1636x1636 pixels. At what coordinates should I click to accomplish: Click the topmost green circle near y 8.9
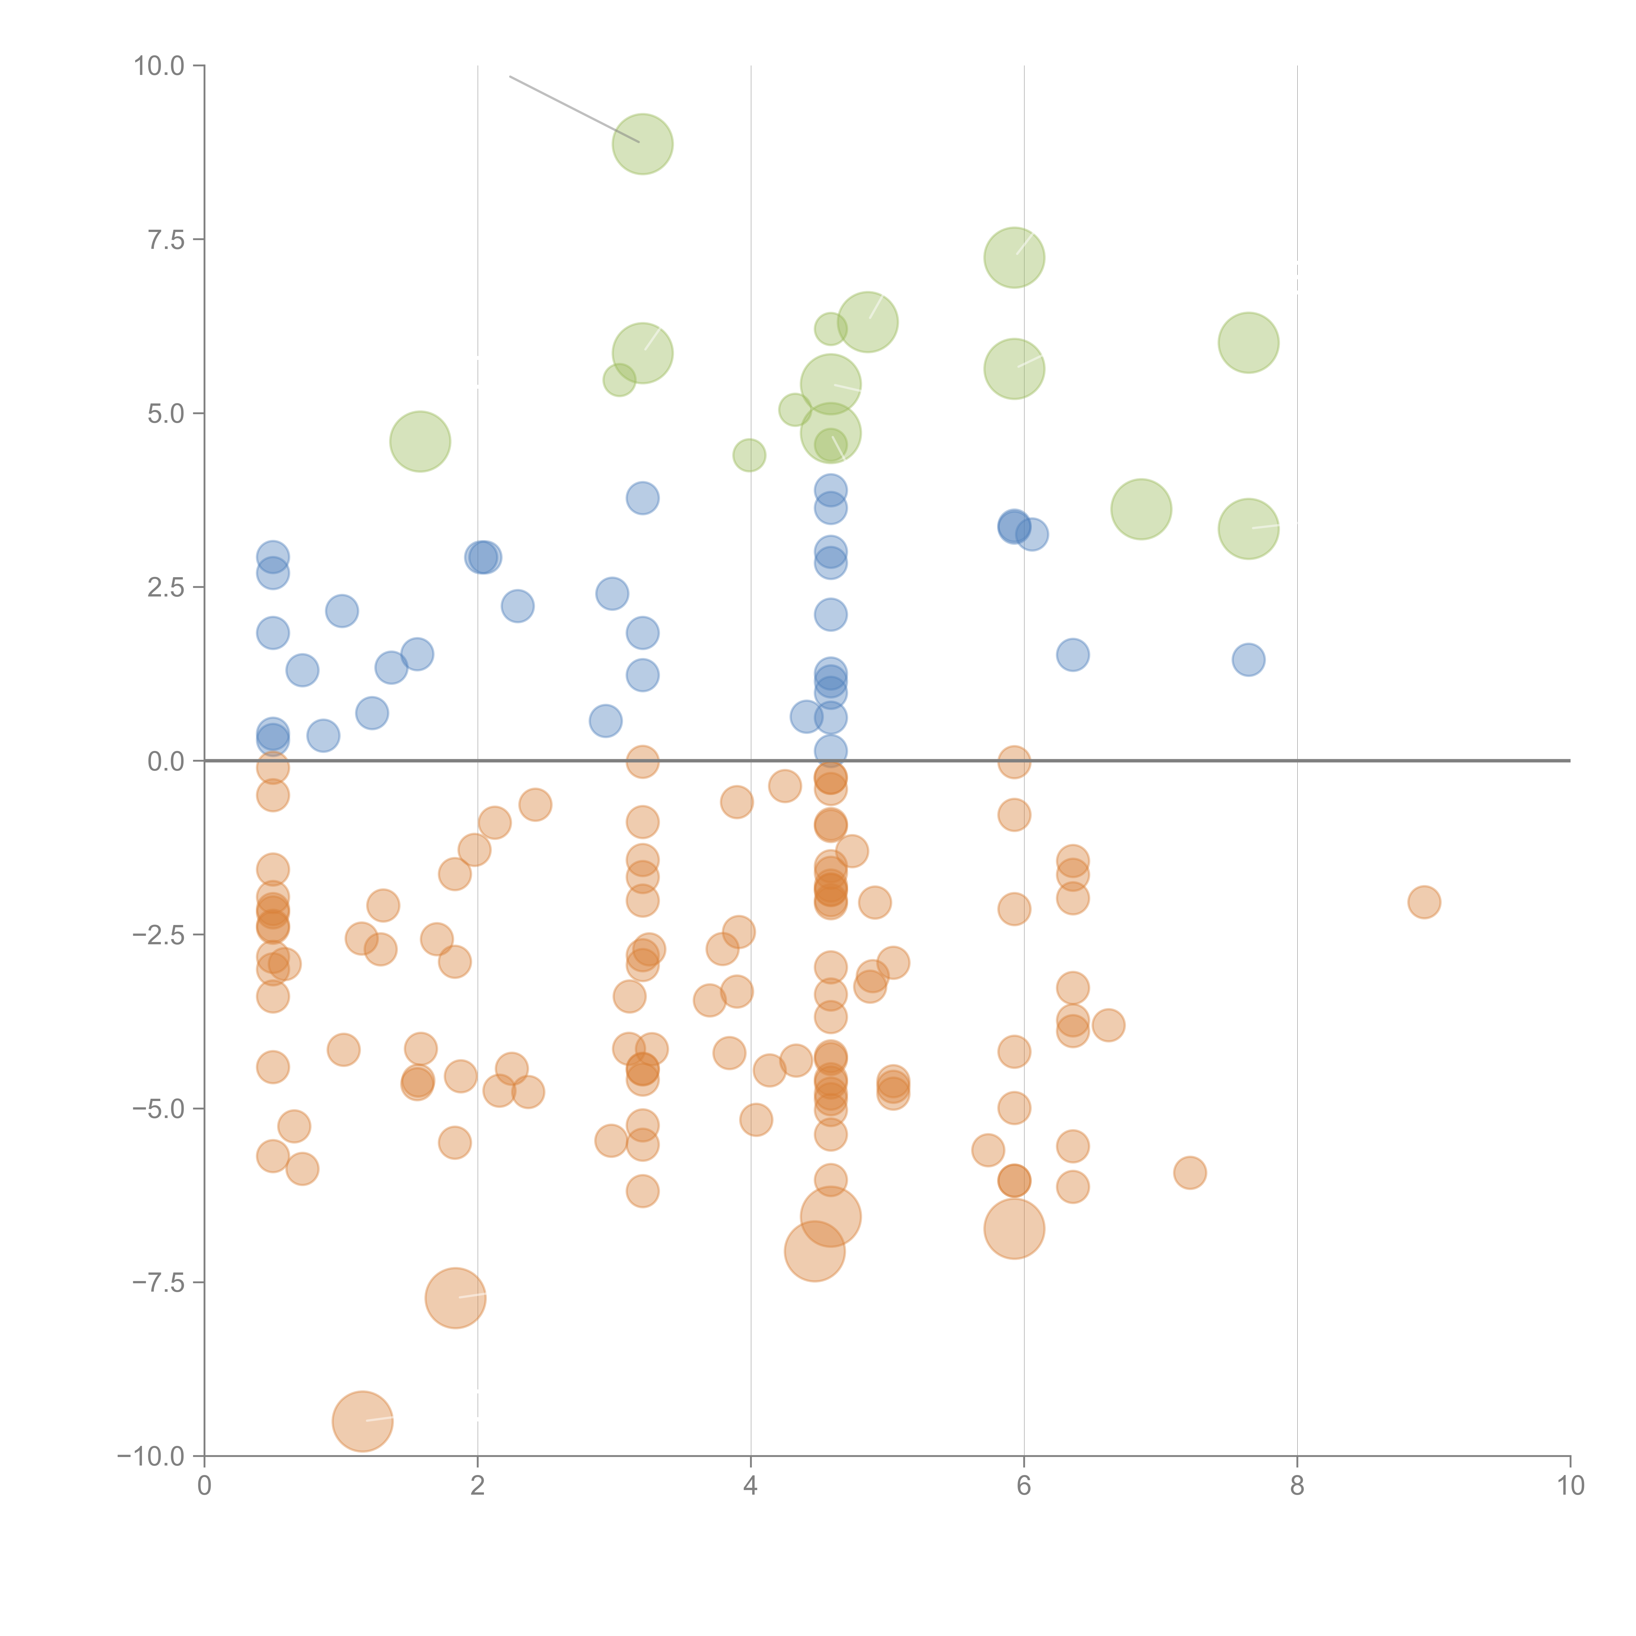643,144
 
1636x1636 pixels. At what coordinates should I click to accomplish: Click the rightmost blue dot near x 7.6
1248,660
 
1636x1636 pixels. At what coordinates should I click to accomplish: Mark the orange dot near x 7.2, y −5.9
1190,1173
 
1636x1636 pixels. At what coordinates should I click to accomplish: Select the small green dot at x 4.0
749,455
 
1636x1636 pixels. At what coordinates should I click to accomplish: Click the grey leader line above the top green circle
573,108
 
